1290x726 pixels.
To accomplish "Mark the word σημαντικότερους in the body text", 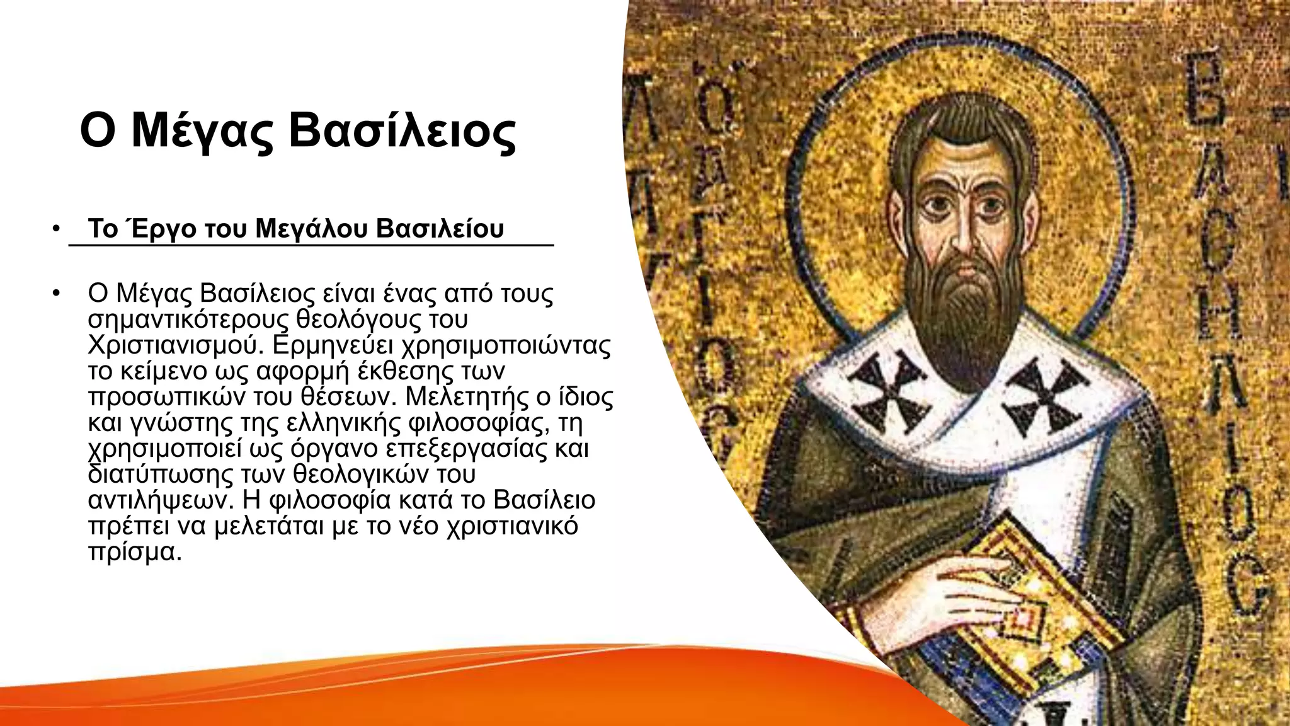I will pos(190,320).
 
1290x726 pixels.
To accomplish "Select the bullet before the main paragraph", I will pos(56,294).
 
